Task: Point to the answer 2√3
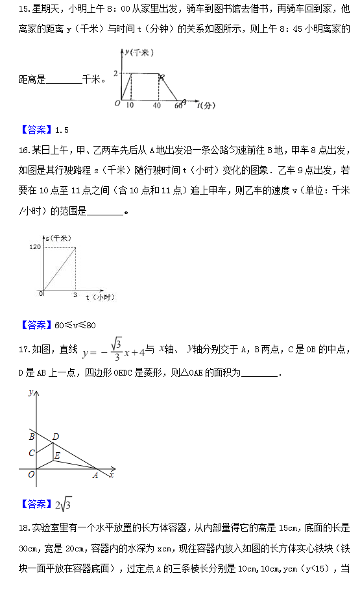(63, 504)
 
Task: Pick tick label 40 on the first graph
(158, 105)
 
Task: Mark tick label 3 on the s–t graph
(74, 295)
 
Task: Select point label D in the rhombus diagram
(56, 436)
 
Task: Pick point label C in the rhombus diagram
(30, 453)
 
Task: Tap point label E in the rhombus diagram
(57, 456)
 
